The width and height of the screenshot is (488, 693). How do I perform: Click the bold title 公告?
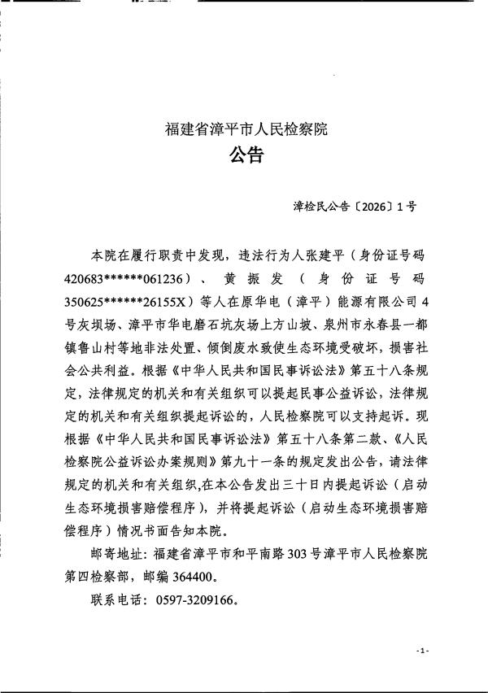[246, 155]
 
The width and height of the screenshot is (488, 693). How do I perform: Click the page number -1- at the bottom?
[421, 652]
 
